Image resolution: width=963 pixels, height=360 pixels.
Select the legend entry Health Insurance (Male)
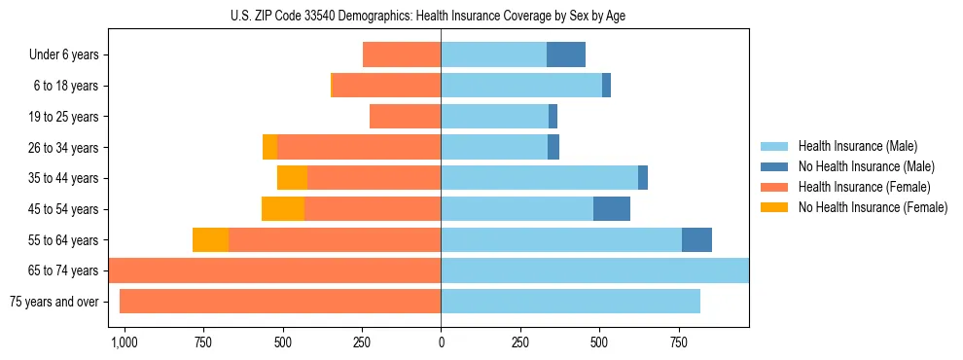[x=857, y=146]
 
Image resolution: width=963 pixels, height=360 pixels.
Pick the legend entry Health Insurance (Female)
[x=864, y=187]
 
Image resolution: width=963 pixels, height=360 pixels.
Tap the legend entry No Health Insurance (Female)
[x=873, y=207]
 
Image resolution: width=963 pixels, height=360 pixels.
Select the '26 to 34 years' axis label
[x=65, y=148]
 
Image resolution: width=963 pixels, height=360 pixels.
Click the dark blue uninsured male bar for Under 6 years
[x=566, y=55]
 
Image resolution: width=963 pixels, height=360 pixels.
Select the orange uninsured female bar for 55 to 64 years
[x=210, y=240]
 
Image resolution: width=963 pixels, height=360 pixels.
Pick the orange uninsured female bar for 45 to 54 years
[x=283, y=209]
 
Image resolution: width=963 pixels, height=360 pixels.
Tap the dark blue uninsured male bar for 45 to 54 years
[x=612, y=209]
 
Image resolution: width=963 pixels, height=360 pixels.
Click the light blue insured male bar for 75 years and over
[x=570, y=302]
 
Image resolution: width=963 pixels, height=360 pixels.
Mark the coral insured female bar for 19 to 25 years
[x=405, y=117]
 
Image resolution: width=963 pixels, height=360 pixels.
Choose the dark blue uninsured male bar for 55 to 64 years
[x=696, y=240]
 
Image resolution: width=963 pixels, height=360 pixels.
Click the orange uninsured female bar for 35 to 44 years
[x=292, y=178]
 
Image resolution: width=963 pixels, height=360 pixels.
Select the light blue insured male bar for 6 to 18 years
[x=521, y=86]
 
